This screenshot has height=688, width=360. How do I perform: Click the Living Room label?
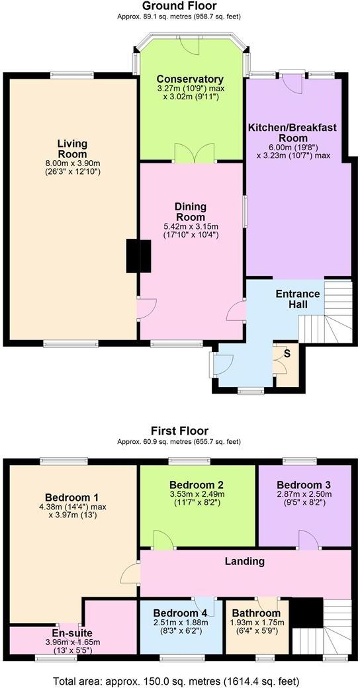(x=72, y=149)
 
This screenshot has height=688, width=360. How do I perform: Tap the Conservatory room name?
(x=189, y=79)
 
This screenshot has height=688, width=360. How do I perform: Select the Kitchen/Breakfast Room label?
(x=298, y=132)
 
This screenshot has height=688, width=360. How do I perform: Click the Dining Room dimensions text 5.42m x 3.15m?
(x=190, y=226)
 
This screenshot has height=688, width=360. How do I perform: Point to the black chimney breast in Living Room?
(x=139, y=255)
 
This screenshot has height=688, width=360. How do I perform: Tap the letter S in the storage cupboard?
(x=287, y=353)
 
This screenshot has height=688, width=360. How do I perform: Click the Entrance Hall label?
(x=297, y=299)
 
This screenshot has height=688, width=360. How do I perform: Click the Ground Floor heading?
(x=179, y=6)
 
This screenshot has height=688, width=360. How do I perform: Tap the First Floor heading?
(x=179, y=431)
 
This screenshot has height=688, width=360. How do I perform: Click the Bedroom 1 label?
(x=72, y=497)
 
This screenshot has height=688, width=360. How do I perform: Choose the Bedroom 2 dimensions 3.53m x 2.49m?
(x=197, y=494)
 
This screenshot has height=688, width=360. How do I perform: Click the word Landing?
(x=245, y=561)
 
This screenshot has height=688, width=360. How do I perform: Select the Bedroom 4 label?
(x=181, y=613)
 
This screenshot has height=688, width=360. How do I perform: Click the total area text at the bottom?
(x=179, y=680)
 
